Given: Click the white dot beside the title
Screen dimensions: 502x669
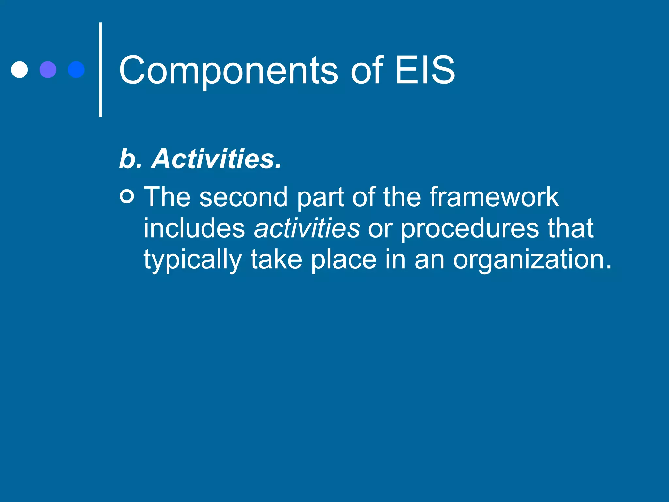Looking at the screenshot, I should (x=19, y=70).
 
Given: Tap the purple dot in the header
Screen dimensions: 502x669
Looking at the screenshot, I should (x=48, y=70).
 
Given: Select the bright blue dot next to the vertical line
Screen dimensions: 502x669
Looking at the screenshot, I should (x=76, y=70).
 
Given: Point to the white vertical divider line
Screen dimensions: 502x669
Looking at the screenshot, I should (x=100, y=70).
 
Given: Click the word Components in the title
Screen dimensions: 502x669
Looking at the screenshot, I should (x=228, y=70).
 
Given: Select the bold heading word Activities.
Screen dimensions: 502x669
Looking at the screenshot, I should (x=216, y=159).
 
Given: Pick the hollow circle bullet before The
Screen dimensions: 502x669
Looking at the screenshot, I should (x=127, y=196).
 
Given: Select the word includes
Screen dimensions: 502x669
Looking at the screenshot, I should (x=194, y=228).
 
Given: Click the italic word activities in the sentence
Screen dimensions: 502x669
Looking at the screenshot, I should (x=307, y=228).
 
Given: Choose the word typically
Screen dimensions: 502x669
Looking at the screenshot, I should (x=192, y=260).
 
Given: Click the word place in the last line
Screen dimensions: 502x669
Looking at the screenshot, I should (x=343, y=260).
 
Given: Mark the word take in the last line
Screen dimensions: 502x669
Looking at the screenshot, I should (x=276, y=259).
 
